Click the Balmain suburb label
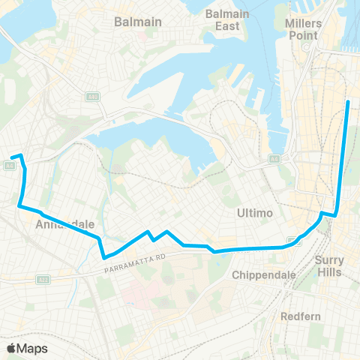[x=138, y=22]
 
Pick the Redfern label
[x=301, y=316]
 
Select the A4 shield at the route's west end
[x=10, y=166]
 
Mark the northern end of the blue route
[x=349, y=100]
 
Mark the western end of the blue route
[x=12, y=157]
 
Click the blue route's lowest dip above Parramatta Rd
[x=103, y=257]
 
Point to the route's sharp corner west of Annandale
[x=19, y=205]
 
